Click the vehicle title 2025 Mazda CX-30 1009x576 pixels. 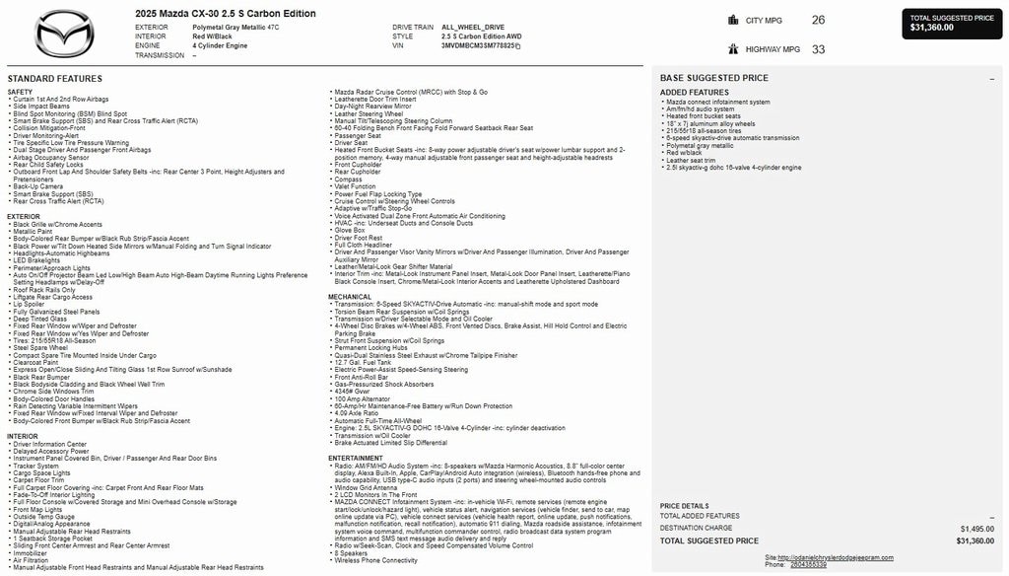click(x=226, y=14)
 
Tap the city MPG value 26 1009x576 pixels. click(x=818, y=20)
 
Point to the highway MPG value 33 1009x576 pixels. click(x=818, y=49)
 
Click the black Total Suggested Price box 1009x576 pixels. click(x=952, y=23)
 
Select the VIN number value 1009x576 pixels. click(x=480, y=45)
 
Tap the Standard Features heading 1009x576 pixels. click(x=54, y=78)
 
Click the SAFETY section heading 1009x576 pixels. click(x=20, y=92)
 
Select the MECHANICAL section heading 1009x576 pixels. click(x=350, y=296)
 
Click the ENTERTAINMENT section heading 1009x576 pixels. click(x=356, y=458)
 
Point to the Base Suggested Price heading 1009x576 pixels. click(x=714, y=78)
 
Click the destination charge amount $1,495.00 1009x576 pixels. click(x=975, y=528)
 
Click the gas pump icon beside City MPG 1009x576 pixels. click(x=733, y=20)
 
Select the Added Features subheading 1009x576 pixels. click(x=695, y=93)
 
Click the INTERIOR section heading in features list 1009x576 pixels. click(x=23, y=436)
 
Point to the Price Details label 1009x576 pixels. click(x=684, y=506)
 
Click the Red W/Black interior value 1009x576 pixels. click(x=214, y=36)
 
